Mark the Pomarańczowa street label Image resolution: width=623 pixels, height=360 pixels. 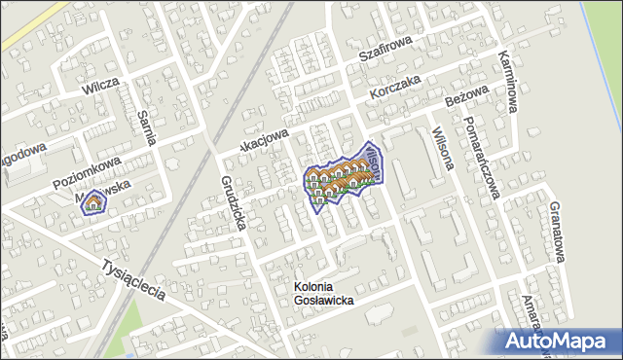481,156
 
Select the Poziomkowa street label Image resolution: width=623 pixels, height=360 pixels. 87,168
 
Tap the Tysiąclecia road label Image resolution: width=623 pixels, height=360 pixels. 137,278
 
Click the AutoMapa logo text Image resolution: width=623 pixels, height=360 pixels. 559,342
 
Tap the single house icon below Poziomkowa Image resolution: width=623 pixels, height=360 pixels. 93,202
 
